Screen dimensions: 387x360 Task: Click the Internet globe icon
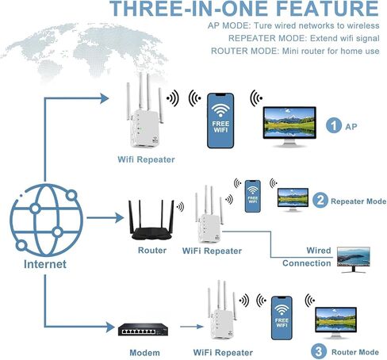click(46, 220)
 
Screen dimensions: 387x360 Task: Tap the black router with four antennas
click(151, 220)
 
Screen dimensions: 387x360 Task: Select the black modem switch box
click(143, 329)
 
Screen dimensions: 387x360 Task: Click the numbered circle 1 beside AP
click(334, 125)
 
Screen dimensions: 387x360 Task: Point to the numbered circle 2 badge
click(320, 201)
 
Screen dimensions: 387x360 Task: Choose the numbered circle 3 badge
click(319, 351)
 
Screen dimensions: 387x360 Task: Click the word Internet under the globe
click(45, 264)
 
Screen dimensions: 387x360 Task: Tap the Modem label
click(144, 353)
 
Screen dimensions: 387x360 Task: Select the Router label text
click(152, 251)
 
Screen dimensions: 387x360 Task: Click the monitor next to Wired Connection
click(354, 259)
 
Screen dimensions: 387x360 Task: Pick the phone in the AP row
click(220, 121)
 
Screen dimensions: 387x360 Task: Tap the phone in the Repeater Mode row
click(253, 197)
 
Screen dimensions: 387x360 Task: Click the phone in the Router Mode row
click(282, 318)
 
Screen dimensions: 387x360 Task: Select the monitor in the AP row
click(289, 127)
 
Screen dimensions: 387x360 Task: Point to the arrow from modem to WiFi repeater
click(192, 327)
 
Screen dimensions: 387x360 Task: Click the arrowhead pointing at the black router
click(120, 218)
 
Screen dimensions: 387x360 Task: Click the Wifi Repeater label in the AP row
click(146, 159)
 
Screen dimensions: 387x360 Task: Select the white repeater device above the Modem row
click(222, 310)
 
